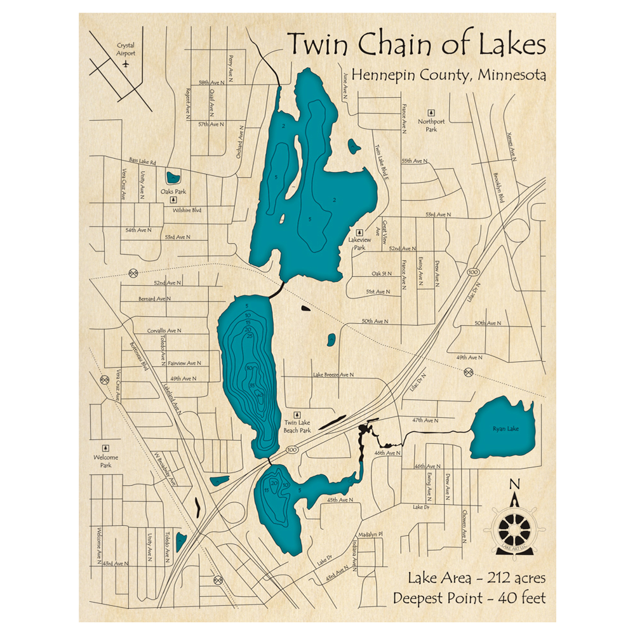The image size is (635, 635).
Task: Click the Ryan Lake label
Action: (505, 429)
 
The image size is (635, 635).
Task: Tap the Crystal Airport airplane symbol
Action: (126, 64)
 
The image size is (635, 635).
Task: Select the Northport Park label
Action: (431, 125)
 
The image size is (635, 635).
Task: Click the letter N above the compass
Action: (514, 484)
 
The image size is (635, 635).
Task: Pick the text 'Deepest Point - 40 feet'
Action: (469, 598)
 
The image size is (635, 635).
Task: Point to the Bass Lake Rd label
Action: (142, 161)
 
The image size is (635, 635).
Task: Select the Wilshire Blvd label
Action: (187, 210)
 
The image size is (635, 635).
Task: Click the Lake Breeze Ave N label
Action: (333, 375)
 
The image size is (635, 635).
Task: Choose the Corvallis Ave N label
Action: (164, 331)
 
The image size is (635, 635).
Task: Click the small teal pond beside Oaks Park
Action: (172, 178)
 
